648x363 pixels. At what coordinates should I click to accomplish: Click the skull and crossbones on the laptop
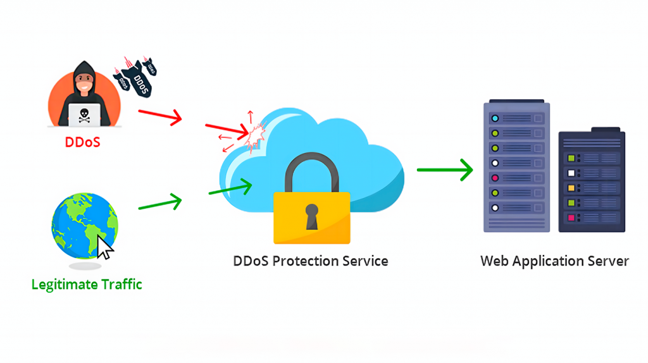(x=84, y=114)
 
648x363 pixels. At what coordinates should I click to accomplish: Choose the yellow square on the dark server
(x=571, y=188)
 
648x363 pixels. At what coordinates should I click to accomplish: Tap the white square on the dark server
(x=571, y=173)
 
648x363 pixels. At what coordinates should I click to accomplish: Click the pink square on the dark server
(x=571, y=218)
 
